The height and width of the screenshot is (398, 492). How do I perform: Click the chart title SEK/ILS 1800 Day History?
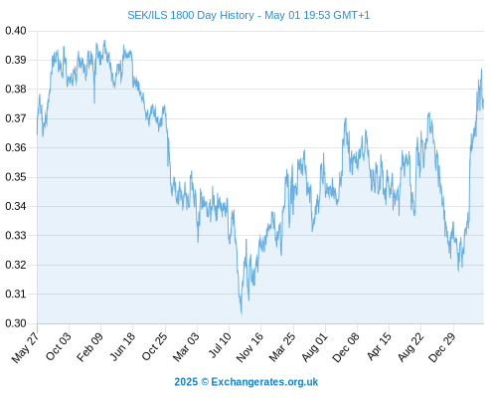[191, 15]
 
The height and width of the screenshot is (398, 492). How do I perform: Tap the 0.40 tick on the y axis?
[16, 31]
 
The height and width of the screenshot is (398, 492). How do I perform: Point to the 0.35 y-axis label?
[16, 177]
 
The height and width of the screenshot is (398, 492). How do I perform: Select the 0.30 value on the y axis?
[16, 323]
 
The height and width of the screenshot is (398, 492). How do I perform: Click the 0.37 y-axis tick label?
[16, 118]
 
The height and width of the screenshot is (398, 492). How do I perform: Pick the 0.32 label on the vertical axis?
[16, 265]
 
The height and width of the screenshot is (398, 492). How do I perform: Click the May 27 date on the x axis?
[25, 347]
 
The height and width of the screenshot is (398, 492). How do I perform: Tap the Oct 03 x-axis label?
[59, 346]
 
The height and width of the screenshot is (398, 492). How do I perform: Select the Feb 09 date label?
[89, 347]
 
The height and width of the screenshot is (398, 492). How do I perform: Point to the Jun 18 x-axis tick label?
[122, 346]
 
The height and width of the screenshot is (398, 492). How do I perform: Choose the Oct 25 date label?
[154, 346]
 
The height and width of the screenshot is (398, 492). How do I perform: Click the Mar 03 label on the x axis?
[186, 347]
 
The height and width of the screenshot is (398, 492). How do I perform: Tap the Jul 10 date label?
[220, 345]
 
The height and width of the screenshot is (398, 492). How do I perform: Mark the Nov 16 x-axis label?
[249, 347]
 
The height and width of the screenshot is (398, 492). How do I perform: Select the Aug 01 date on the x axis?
[315, 347]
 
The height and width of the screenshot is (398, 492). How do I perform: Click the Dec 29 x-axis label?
[442, 347]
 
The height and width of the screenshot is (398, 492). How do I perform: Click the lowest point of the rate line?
[242, 314]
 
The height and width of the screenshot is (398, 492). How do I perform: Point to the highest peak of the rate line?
[104, 41]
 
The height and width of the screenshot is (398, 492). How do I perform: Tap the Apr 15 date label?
[379, 346]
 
